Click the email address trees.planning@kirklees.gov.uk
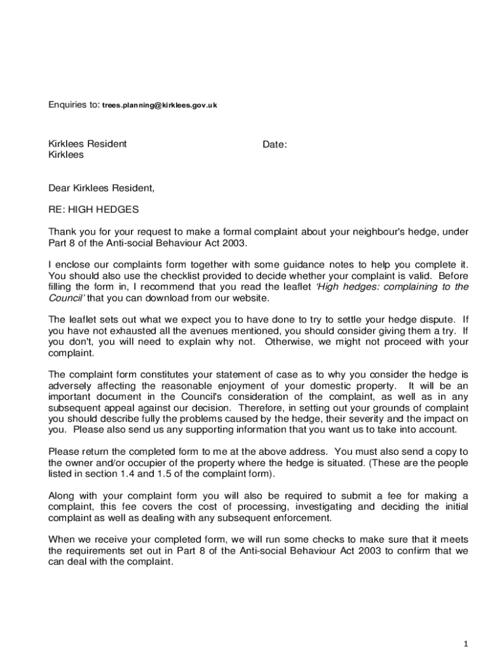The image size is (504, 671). point(160,105)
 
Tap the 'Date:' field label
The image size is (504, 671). point(275,144)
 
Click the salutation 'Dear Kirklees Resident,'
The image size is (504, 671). point(101,189)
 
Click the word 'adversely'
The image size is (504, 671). point(70,386)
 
